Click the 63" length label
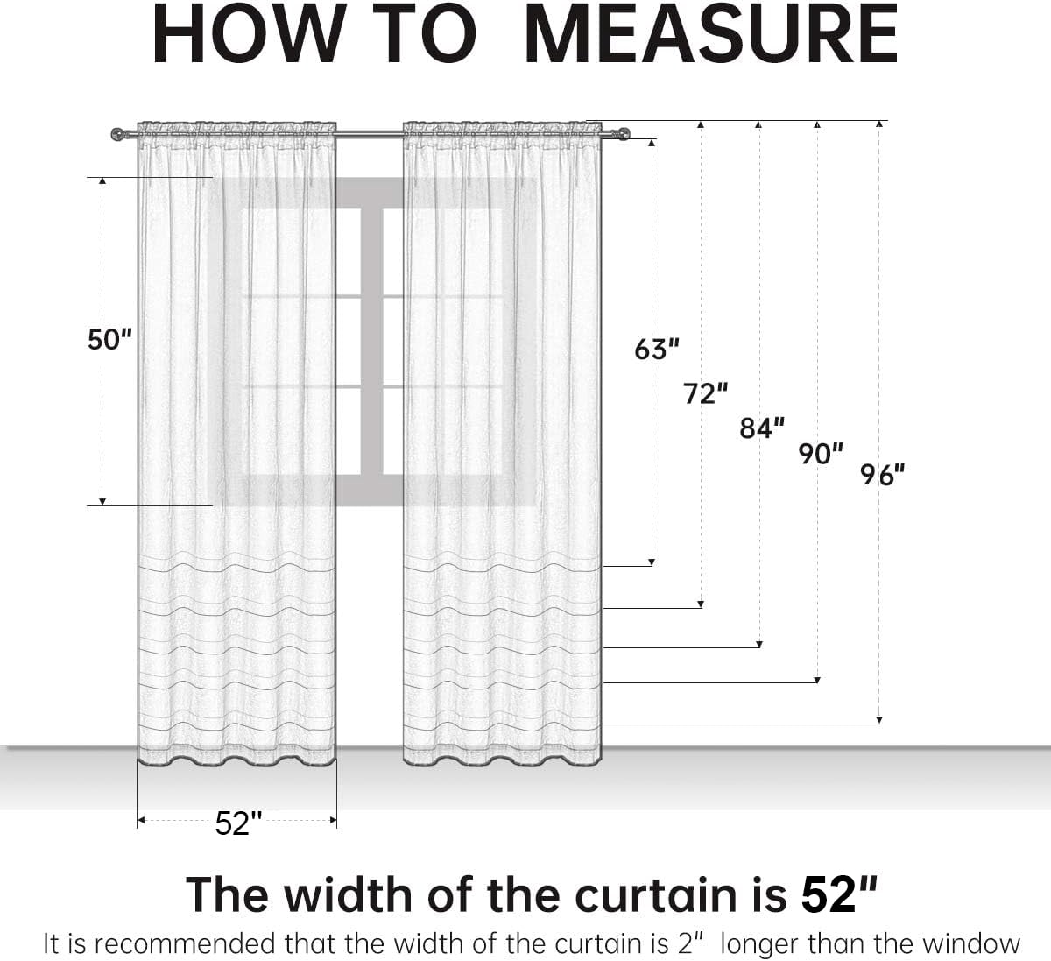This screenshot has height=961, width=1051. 657,350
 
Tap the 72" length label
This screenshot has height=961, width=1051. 705,393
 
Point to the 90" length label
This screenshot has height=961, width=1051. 821,454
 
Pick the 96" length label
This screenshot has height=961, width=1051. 882,475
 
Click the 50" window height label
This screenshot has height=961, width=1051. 109,339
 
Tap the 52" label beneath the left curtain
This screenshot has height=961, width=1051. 238,823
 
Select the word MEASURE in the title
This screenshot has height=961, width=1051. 712,34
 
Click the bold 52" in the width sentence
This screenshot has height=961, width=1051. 839,894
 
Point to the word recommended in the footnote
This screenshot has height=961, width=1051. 185,943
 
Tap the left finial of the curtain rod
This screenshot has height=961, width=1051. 117,134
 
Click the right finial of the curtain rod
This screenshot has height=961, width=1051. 623,134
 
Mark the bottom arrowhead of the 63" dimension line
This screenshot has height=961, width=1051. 652,562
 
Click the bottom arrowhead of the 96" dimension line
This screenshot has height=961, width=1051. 879,720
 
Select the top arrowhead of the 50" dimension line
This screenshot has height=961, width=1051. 102,180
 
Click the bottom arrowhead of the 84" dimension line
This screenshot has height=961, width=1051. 759,645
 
